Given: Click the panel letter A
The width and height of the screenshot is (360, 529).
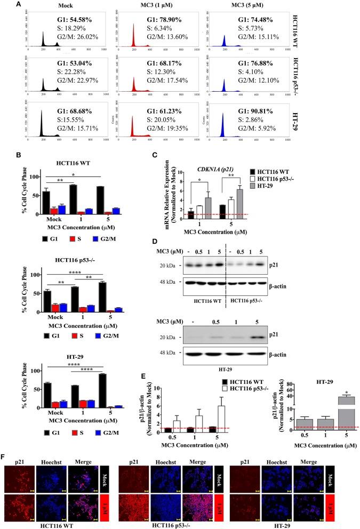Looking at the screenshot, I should click(4, 4).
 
